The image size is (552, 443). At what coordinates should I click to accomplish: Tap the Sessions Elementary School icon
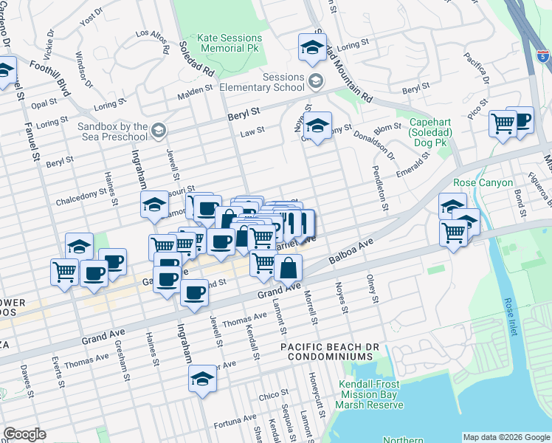pyautogui.click(x=316, y=80)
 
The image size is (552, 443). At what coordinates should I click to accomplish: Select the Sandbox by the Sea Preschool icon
pyautogui.click(x=157, y=131)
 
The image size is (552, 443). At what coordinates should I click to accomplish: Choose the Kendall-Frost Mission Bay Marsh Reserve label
pyautogui.click(x=371, y=394)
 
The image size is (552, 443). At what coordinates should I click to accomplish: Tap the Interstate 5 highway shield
pyautogui.click(x=542, y=55)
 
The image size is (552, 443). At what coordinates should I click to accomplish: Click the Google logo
pyautogui.click(x=24, y=434)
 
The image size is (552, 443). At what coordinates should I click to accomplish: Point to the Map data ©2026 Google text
pyautogui.click(x=506, y=437)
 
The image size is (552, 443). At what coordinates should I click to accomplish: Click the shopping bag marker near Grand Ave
pyautogui.click(x=289, y=268)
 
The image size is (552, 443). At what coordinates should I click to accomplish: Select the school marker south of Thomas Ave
pyautogui.click(x=200, y=380)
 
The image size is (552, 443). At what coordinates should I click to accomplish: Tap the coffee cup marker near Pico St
pyautogui.click(x=520, y=120)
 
